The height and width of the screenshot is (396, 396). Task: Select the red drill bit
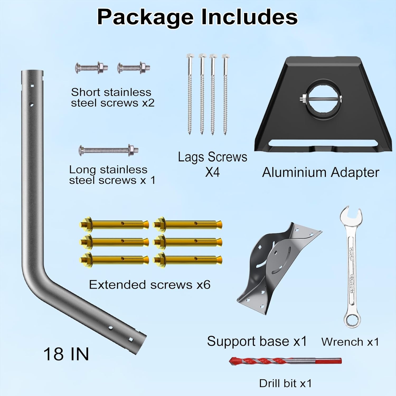(x=285, y=361)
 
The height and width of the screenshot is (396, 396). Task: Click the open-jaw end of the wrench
(x=350, y=215)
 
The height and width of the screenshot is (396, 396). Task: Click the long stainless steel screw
(x=108, y=151)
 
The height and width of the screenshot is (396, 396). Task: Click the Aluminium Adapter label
(x=320, y=172)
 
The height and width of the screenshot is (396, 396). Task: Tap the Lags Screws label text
(x=213, y=157)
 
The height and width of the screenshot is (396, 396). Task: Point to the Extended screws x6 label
(x=149, y=285)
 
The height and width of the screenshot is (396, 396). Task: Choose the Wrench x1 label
(x=350, y=342)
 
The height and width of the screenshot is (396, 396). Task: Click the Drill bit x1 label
(x=285, y=383)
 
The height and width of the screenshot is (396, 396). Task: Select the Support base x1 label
(x=257, y=341)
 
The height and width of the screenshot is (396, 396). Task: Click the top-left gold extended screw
(x=114, y=225)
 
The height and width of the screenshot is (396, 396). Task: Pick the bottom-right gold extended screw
(x=188, y=260)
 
